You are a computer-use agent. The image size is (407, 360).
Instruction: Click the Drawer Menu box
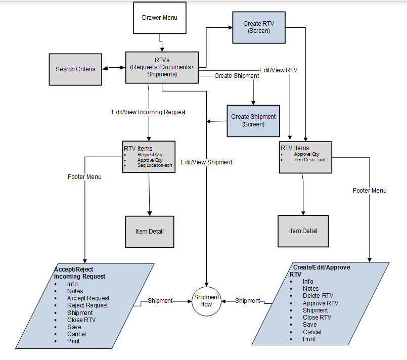tap(159, 18)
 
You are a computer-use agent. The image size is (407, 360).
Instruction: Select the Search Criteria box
tap(75, 69)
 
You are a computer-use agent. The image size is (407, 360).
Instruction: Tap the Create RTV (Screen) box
tap(259, 27)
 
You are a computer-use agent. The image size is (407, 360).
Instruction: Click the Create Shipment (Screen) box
tap(253, 120)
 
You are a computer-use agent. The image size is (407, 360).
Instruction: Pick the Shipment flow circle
tap(207, 301)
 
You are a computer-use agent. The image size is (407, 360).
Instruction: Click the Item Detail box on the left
tap(149, 232)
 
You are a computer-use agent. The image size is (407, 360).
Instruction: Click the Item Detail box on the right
tap(303, 231)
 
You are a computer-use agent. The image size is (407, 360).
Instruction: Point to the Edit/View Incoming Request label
tap(149, 112)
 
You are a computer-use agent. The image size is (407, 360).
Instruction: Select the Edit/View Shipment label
tap(207, 162)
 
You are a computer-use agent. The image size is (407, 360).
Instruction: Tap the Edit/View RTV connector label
tap(278, 70)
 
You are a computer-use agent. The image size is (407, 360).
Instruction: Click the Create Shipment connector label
tap(237, 76)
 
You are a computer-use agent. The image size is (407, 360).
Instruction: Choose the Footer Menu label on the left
tap(84, 177)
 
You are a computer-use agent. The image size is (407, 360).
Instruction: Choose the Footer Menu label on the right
tap(370, 191)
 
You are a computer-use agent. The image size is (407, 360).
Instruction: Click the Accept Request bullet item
tap(88, 298)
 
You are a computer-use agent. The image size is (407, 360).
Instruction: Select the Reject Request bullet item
tap(87, 305)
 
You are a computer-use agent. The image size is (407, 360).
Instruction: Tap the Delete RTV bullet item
tap(318, 296)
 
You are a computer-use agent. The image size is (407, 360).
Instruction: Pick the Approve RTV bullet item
tap(320, 303)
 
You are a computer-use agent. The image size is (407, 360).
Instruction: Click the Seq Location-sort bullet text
tap(155, 165)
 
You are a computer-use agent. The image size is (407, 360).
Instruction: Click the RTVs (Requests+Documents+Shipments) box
tap(162, 67)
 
